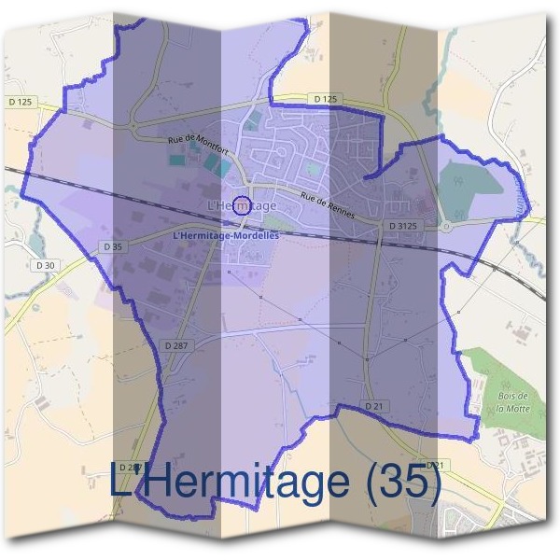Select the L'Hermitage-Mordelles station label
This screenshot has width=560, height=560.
226,235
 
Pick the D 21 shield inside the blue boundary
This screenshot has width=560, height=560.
373,406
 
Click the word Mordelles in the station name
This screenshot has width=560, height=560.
254,235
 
